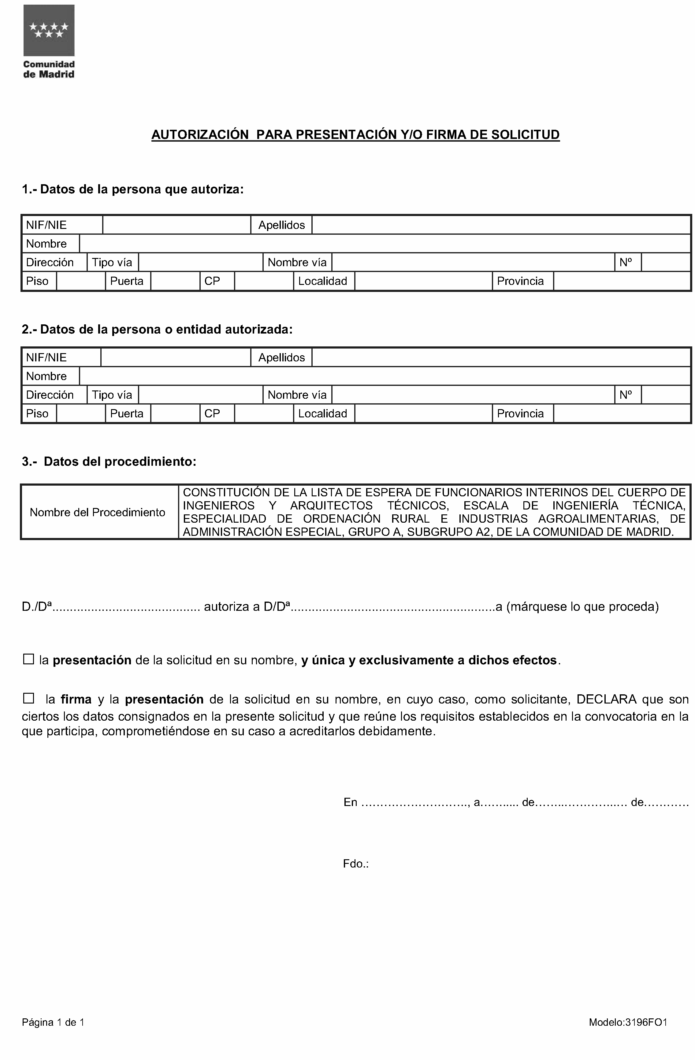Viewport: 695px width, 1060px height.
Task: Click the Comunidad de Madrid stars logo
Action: click(x=49, y=30)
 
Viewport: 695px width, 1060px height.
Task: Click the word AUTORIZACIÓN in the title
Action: click(x=200, y=135)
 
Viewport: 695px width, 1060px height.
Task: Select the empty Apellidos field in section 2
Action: click(x=500, y=357)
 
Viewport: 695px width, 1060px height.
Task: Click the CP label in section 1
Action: click(x=212, y=281)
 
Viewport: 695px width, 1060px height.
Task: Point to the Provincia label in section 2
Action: click(x=520, y=413)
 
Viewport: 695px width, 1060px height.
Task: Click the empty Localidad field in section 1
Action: click(x=423, y=281)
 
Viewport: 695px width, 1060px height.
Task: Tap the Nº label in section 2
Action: click(x=626, y=395)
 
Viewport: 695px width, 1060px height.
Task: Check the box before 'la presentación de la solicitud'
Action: click(x=28, y=659)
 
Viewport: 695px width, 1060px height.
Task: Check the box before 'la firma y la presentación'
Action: click(x=28, y=698)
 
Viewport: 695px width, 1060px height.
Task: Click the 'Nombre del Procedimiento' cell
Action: click(x=98, y=512)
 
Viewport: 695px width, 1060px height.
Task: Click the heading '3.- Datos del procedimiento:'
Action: click(x=109, y=461)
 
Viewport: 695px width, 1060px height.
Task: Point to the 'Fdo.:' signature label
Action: click(x=356, y=864)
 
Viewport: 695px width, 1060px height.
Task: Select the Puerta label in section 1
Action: click(x=127, y=281)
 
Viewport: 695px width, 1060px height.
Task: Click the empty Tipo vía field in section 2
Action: click(x=200, y=395)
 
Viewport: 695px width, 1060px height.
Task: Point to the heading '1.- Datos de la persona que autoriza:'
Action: click(x=133, y=189)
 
